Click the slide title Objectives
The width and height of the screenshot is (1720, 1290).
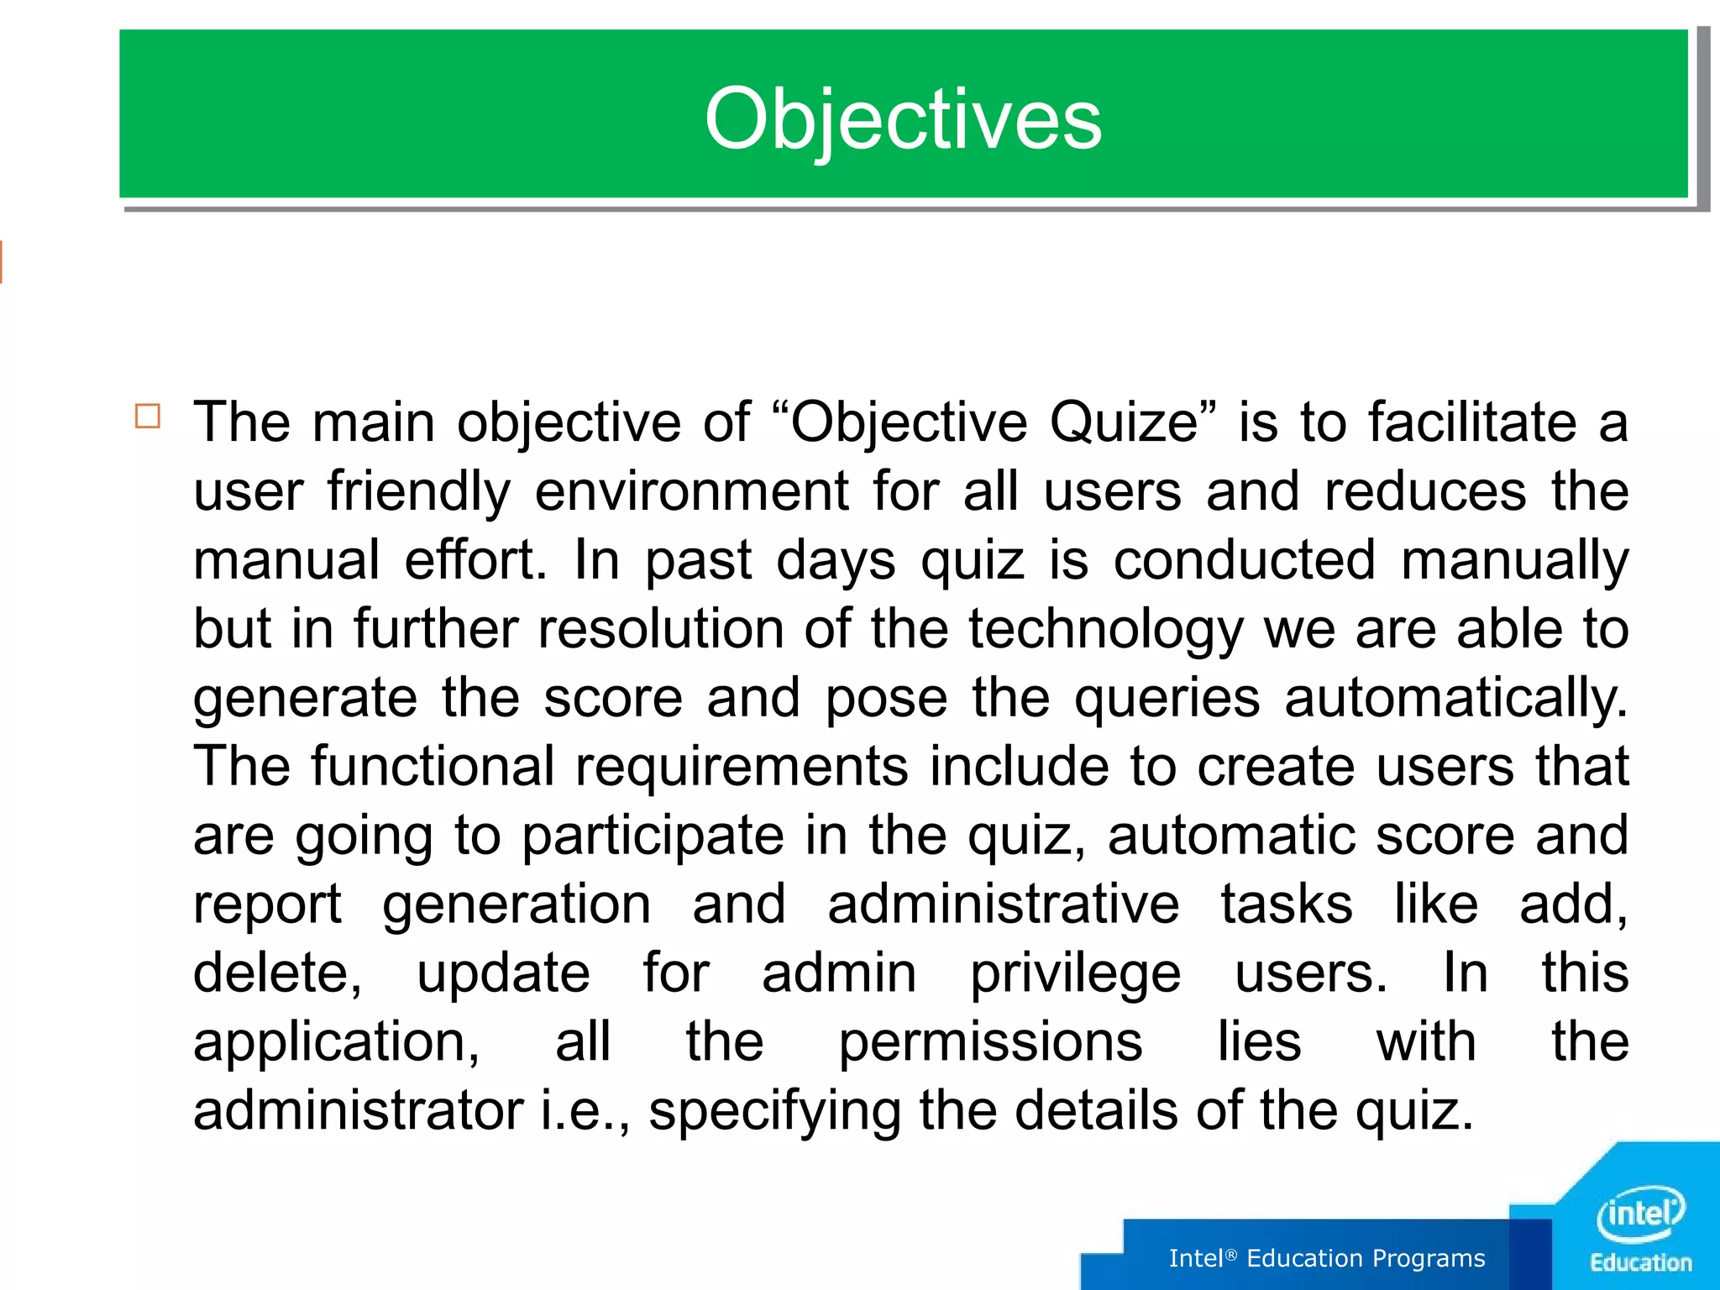tap(903, 119)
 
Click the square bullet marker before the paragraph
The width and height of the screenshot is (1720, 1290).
tap(148, 417)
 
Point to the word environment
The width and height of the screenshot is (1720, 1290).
tap(692, 491)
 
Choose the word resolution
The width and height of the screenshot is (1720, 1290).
tap(661, 629)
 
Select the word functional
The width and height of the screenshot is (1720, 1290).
tap(433, 767)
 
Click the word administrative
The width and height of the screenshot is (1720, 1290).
tap(1004, 905)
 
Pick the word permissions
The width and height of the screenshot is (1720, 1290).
tap(991, 1042)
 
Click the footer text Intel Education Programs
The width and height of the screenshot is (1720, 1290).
tap(1327, 1258)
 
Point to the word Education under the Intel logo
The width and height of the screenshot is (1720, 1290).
tap(1640, 1263)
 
